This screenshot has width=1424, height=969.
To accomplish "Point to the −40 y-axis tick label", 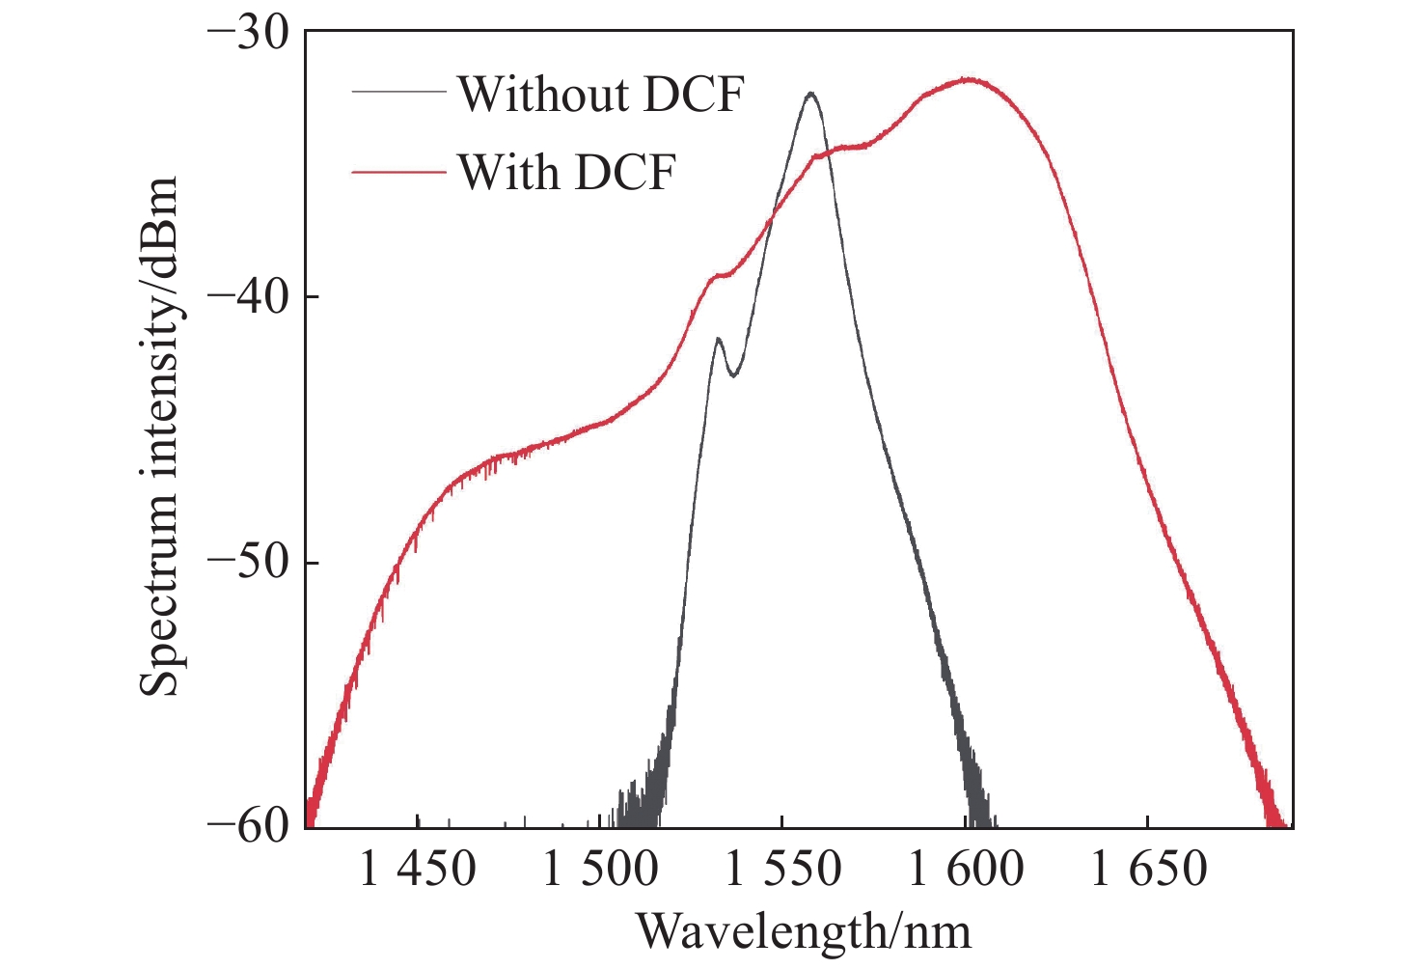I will (x=248, y=296).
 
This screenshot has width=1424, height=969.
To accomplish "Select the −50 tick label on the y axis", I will (x=248, y=563).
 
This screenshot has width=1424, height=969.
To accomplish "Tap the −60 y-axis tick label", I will (x=248, y=828).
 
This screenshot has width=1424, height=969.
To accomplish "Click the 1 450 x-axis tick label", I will (x=417, y=869).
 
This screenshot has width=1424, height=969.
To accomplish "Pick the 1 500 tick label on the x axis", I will (x=600, y=869).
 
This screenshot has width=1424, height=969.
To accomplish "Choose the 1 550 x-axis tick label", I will (x=782, y=869).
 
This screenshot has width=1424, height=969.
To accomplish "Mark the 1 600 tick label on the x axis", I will (x=966, y=869).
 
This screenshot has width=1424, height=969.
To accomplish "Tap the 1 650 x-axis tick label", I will (x=1148, y=869).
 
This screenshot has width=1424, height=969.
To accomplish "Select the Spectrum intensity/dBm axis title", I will (x=159, y=435).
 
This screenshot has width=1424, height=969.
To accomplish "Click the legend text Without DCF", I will (x=600, y=94).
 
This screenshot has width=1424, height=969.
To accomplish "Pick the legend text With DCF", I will (x=566, y=173).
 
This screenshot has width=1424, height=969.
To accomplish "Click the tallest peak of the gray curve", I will (x=811, y=94).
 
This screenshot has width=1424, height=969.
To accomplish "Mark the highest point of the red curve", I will (x=968, y=79).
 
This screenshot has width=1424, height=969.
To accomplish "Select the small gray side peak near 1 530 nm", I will (x=718, y=339).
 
